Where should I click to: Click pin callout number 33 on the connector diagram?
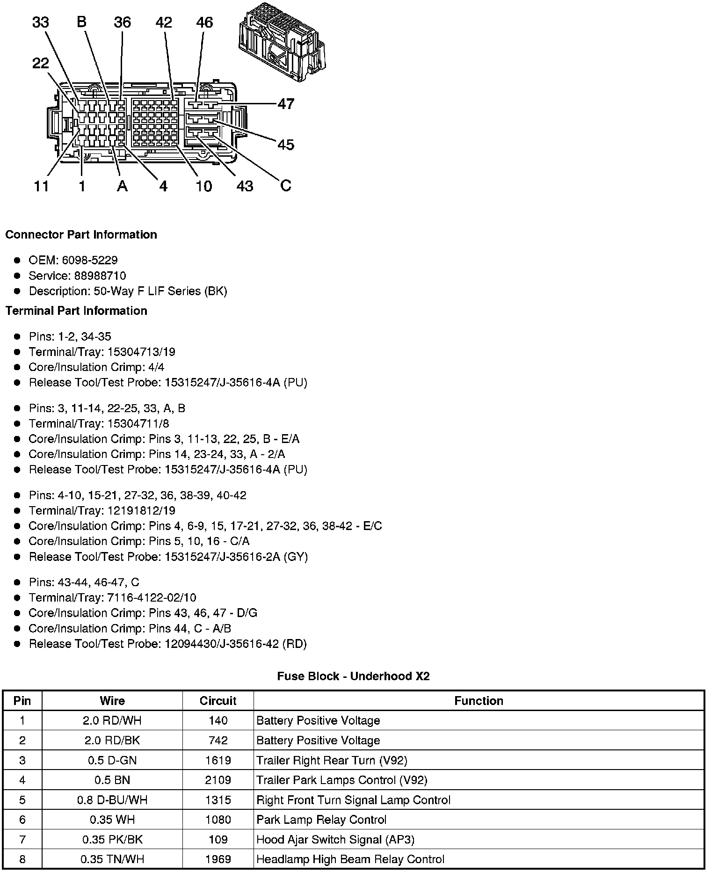coord(41,22)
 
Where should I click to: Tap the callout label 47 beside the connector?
coord(286,103)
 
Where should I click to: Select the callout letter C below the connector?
coord(285,186)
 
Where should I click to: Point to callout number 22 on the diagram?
coord(41,63)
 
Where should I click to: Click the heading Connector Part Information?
coord(81,234)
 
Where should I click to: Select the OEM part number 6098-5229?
coord(90,260)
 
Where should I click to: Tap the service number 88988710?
coord(100,276)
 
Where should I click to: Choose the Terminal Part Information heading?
coord(76,311)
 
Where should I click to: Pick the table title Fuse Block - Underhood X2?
coord(353,676)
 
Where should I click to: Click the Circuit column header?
coord(218,701)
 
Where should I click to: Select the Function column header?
coord(479,701)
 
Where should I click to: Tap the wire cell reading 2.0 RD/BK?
coord(112,741)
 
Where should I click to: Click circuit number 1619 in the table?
coord(218,760)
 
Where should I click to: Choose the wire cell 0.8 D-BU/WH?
coord(112,800)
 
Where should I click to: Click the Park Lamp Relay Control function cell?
coord(321,820)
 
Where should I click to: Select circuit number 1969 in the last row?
coord(218,859)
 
